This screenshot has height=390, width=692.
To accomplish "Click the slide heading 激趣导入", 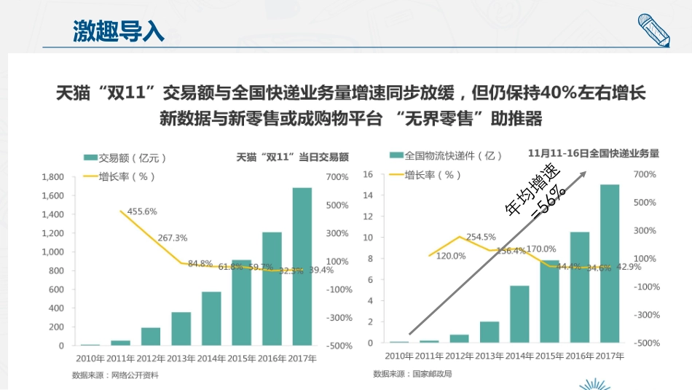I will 119,31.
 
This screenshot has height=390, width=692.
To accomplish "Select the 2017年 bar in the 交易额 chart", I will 302,266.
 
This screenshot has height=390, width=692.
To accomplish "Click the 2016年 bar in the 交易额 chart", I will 272,288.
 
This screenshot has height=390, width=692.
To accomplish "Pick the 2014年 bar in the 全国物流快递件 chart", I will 519,314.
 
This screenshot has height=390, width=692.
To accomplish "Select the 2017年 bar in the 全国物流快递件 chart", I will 610,263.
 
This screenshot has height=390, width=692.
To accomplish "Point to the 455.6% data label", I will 142,211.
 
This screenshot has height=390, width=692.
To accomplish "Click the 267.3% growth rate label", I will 173,238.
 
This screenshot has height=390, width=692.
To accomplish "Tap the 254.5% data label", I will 481,237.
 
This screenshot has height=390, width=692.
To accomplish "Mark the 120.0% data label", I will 451,256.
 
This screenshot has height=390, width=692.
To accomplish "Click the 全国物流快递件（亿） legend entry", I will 446,155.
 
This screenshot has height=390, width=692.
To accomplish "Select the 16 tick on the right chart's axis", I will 368,174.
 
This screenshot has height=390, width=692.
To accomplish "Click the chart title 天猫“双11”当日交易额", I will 293,157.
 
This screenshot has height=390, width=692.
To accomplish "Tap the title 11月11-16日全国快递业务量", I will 594,153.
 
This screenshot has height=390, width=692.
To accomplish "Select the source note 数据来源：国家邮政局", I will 412,374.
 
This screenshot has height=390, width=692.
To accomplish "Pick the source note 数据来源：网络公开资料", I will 115,375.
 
